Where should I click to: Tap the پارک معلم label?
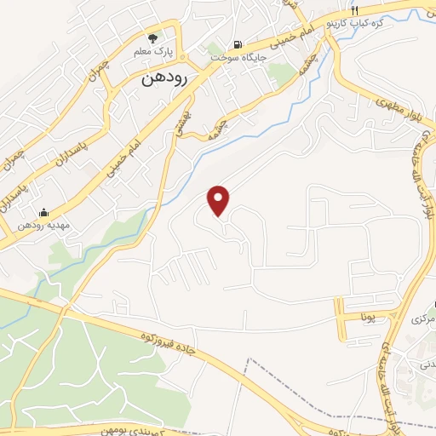click(153, 52)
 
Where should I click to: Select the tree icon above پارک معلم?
click(153, 38)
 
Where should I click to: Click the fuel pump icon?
click(237, 45)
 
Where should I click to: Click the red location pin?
click(220, 200)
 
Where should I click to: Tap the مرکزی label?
click(423, 319)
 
